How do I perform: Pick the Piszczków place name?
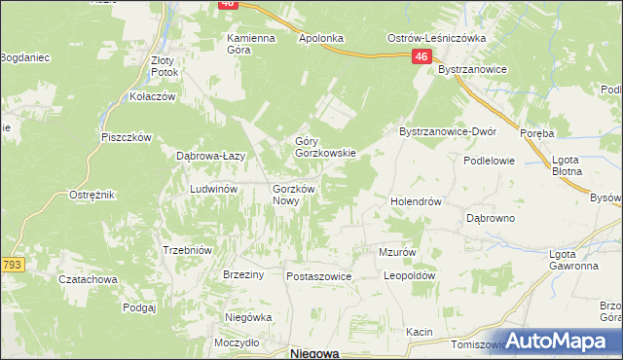point(126,137)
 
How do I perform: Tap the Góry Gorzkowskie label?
point(326,147)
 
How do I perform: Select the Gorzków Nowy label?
point(293,195)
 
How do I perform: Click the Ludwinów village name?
point(214,189)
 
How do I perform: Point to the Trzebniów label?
point(186,249)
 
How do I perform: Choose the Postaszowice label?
point(318,276)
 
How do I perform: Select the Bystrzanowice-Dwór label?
point(449,131)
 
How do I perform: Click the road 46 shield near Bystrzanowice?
point(421,57)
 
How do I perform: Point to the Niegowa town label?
point(314,354)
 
